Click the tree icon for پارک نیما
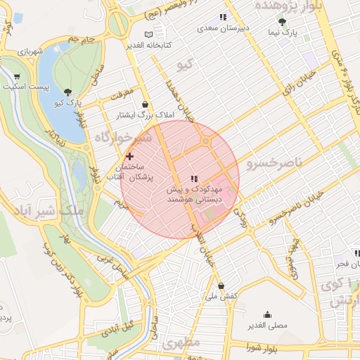pyautogui.click(x=282, y=22)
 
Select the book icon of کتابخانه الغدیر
pyautogui.click(x=148, y=34)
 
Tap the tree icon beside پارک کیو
pyautogui.click(x=67, y=92)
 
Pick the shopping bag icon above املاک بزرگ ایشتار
pyautogui.click(x=145, y=103)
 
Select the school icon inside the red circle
pyautogui.click(x=195, y=179)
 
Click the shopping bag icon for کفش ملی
pyautogui.click(x=221, y=286)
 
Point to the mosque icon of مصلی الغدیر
pyautogui.click(x=267, y=314)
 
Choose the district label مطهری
pyautogui.click(x=181, y=343)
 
